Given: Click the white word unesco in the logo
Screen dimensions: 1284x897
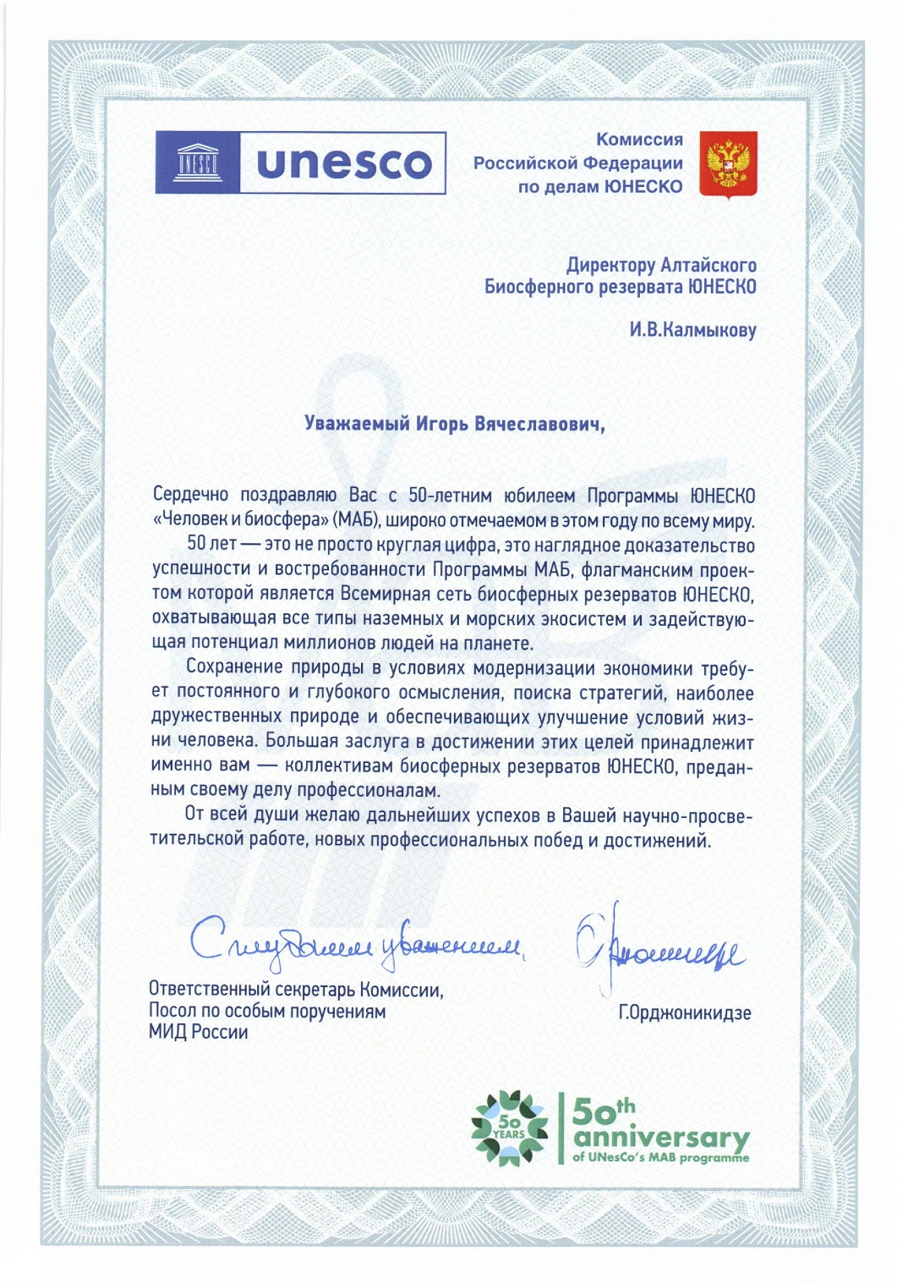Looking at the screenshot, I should pos(343,163).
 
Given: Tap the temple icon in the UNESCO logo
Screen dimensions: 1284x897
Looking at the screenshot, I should pos(197,162).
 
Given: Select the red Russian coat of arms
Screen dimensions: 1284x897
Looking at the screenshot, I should pos(728,165).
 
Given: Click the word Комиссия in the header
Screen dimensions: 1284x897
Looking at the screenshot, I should pos(639,140).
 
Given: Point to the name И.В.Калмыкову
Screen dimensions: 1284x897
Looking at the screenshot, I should pos(692,330).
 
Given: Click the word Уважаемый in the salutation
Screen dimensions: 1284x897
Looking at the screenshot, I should pos(357,423).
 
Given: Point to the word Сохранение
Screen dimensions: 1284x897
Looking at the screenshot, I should pos(234,668).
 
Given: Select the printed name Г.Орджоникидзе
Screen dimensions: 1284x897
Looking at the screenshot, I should pos(685,1012).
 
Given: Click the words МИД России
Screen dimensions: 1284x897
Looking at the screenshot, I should pos(198,1033).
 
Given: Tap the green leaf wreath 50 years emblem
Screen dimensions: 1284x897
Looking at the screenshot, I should pos(509,1128).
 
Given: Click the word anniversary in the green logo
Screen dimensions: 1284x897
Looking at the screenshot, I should pos(660,1138).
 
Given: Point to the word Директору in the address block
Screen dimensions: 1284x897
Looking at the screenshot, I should pos(610,266).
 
